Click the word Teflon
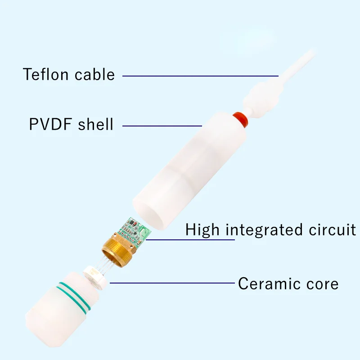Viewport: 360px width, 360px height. (46, 74)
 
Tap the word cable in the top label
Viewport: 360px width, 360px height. (94, 74)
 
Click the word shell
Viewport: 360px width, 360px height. (95, 124)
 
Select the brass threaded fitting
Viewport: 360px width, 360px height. (118, 250)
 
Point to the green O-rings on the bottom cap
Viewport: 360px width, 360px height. (74, 297)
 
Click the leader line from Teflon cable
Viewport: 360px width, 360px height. (200, 76)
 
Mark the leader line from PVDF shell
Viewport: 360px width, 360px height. (162, 126)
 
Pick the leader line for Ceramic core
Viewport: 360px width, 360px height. (172, 283)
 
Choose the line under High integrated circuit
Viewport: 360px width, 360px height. (190, 240)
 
